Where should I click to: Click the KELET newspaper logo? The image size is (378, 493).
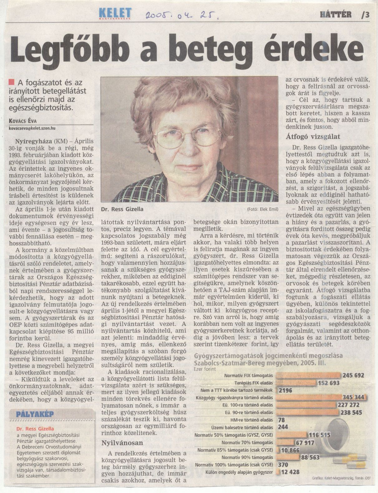coord(115,13)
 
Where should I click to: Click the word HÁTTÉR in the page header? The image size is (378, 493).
coord(336,14)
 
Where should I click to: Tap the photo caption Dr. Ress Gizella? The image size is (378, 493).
coord(122,209)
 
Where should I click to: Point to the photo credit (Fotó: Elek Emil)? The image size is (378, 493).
coord(263,209)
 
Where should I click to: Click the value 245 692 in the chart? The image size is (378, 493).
coord(353,375)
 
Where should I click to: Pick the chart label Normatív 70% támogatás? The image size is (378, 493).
coord(247,443)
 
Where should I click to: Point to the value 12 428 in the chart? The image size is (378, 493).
coord(290,472)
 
